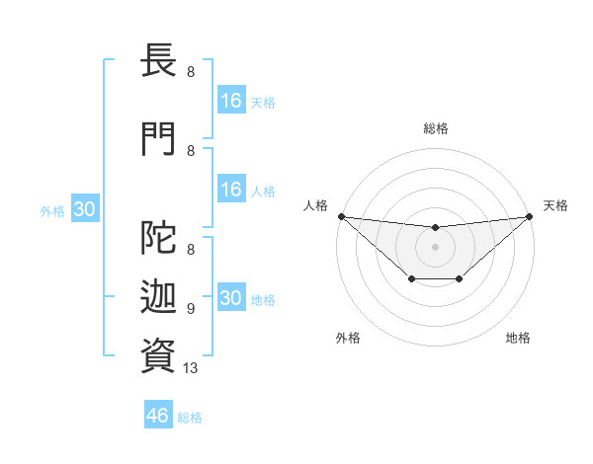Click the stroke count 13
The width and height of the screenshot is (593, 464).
click(x=192, y=368)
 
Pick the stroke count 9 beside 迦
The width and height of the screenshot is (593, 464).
click(x=190, y=309)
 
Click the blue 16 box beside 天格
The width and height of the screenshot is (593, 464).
click(x=230, y=101)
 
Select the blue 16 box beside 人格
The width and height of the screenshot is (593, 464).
click(x=230, y=190)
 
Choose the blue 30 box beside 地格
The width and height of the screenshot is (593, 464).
click(x=230, y=298)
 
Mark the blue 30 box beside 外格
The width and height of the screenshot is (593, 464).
click(x=84, y=209)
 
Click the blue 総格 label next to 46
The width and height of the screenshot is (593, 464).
click(x=190, y=418)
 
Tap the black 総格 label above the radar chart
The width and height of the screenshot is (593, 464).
click(x=435, y=128)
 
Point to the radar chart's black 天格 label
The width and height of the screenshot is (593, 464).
click(x=555, y=205)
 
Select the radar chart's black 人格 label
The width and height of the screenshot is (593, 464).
click(x=315, y=205)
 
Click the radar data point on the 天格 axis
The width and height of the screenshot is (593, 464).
click(x=530, y=216)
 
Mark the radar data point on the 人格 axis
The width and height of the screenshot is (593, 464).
click(x=341, y=216)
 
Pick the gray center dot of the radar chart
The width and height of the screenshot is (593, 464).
click(x=435, y=247)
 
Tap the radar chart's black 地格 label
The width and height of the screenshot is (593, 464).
click(x=518, y=338)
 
